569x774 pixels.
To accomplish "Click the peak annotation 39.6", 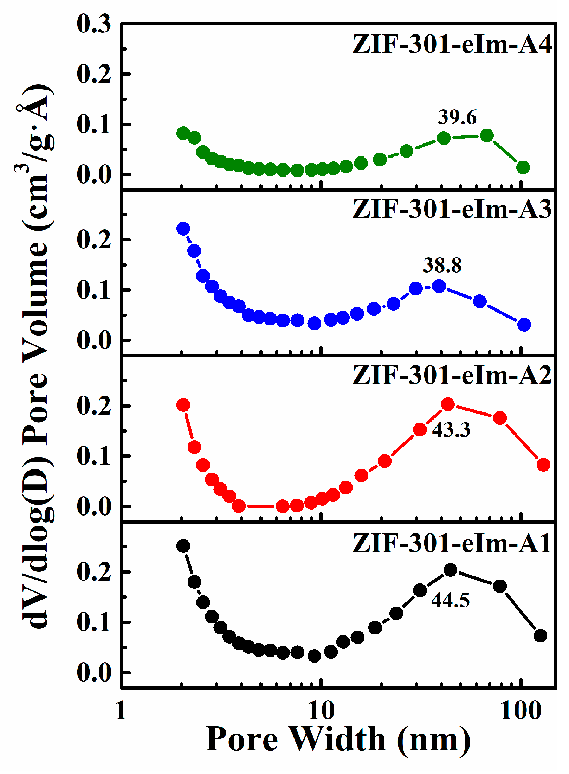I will [x=457, y=117].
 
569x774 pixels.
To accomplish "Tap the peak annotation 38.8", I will [x=442, y=266].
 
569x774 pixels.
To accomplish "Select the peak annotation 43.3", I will [x=451, y=430].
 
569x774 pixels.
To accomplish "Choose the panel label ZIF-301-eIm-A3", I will [x=452, y=210].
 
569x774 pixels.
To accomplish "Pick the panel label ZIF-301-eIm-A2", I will [x=452, y=376].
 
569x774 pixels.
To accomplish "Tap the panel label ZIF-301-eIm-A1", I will [x=452, y=543].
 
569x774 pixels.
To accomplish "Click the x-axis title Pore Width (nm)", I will [x=338, y=738].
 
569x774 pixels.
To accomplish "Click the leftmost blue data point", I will [x=183, y=229].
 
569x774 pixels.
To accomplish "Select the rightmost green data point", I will [x=523, y=167].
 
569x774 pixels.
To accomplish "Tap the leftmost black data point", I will [x=183, y=546].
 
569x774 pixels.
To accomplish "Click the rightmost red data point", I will [x=543, y=465].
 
